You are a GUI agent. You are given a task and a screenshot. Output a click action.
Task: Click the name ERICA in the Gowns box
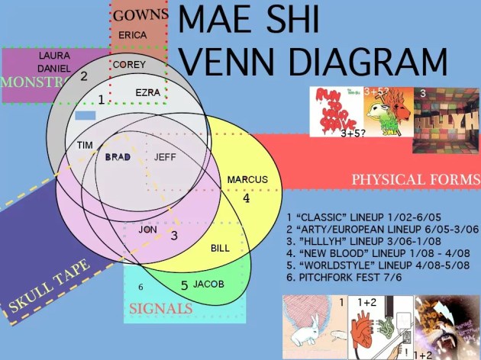[134, 35]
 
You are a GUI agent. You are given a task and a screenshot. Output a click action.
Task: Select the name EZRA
[147, 92]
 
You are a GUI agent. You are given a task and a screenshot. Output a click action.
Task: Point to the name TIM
[85, 144]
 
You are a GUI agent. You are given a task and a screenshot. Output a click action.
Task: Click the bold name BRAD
[118, 157]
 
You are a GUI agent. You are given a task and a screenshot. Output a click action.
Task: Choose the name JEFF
[165, 157]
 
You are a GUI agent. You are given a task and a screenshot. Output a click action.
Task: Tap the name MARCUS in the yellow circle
[248, 180]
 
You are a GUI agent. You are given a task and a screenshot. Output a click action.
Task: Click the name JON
[147, 229]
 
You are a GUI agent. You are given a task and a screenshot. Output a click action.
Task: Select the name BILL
[219, 249]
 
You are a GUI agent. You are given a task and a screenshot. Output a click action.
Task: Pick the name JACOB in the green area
[208, 284]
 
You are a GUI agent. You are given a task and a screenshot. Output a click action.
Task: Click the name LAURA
[53, 56]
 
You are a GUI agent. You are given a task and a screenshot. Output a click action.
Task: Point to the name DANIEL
[53, 69]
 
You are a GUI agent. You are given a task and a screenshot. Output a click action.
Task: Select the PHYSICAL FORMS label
[415, 179]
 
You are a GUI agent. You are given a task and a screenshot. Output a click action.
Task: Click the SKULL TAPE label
[51, 288]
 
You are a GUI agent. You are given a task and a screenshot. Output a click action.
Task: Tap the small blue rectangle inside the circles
[86, 116]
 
